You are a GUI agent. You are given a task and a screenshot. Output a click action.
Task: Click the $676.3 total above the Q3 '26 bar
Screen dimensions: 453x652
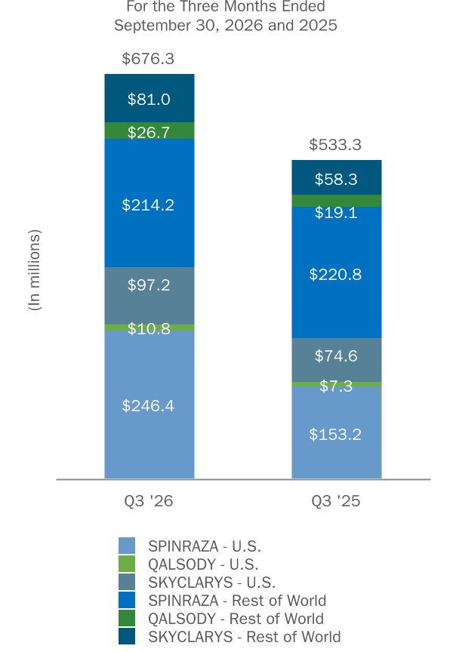pyautogui.click(x=148, y=59)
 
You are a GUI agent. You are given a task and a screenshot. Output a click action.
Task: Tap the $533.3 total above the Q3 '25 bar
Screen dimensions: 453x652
pyautogui.click(x=335, y=145)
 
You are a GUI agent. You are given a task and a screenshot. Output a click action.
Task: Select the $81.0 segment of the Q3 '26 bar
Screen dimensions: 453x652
pyautogui.click(x=149, y=98)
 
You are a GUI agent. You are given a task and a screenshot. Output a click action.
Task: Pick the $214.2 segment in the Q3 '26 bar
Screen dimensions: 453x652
pyautogui.click(x=149, y=203)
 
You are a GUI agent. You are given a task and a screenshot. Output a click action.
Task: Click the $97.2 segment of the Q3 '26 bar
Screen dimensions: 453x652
pyautogui.click(x=149, y=296)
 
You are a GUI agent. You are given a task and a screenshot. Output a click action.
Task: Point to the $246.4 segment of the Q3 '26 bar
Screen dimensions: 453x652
pyautogui.click(x=149, y=404)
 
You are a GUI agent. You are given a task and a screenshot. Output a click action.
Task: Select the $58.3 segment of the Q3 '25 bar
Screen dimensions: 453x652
pyautogui.click(x=337, y=177)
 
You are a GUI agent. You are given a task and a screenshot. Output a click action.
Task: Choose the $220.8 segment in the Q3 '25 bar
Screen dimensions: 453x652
pyautogui.click(x=337, y=272)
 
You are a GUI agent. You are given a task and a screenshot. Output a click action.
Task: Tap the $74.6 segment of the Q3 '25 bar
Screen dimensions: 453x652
pyautogui.click(x=337, y=360)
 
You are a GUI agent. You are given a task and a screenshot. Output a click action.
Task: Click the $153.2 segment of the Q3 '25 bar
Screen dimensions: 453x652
pyautogui.click(x=337, y=432)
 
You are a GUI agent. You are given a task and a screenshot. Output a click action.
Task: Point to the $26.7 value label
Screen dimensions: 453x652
pyautogui.click(x=149, y=132)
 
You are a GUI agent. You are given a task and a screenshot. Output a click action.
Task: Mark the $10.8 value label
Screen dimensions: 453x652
pyautogui.click(x=149, y=328)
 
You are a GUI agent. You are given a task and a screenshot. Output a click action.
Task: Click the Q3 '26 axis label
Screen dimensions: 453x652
pyautogui.click(x=149, y=500)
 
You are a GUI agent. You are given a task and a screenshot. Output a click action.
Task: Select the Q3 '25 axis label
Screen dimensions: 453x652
pyautogui.click(x=336, y=500)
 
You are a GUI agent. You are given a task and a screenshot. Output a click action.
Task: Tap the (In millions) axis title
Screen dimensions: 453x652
pyautogui.click(x=35, y=270)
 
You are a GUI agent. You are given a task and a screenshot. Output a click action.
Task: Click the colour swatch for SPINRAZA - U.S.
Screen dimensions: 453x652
pyautogui.click(x=127, y=546)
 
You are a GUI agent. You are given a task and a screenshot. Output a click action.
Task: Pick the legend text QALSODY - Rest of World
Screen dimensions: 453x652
pyautogui.click(x=236, y=619)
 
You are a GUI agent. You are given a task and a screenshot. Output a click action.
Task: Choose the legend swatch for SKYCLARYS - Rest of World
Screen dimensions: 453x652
pyautogui.click(x=127, y=636)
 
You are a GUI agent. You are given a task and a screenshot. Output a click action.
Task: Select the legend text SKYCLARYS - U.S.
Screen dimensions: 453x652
pyautogui.click(x=211, y=582)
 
